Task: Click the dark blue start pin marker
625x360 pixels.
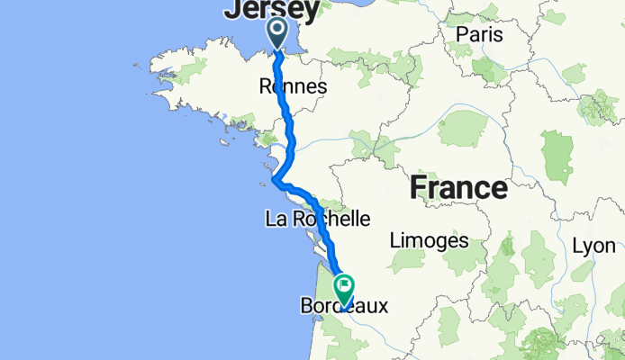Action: (x=276, y=32)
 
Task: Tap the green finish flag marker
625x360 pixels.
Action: (x=345, y=289)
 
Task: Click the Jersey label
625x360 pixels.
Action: (x=271, y=10)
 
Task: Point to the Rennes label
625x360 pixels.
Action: (x=292, y=86)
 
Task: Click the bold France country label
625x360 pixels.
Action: (x=458, y=189)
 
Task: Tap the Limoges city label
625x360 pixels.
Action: (x=430, y=240)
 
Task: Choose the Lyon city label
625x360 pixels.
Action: (x=593, y=246)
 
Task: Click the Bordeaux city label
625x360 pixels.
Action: (x=344, y=307)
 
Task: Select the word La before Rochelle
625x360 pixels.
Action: (x=275, y=218)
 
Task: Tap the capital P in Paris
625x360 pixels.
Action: (x=460, y=33)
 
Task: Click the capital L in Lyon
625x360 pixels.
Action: (x=577, y=246)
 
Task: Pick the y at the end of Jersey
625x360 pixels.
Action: (x=310, y=12)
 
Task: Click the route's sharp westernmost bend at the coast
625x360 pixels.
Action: (x=273, y=181)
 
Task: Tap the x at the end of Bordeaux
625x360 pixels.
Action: (x=382, y=307)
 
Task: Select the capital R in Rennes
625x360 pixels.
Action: (x=265, y=86)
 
